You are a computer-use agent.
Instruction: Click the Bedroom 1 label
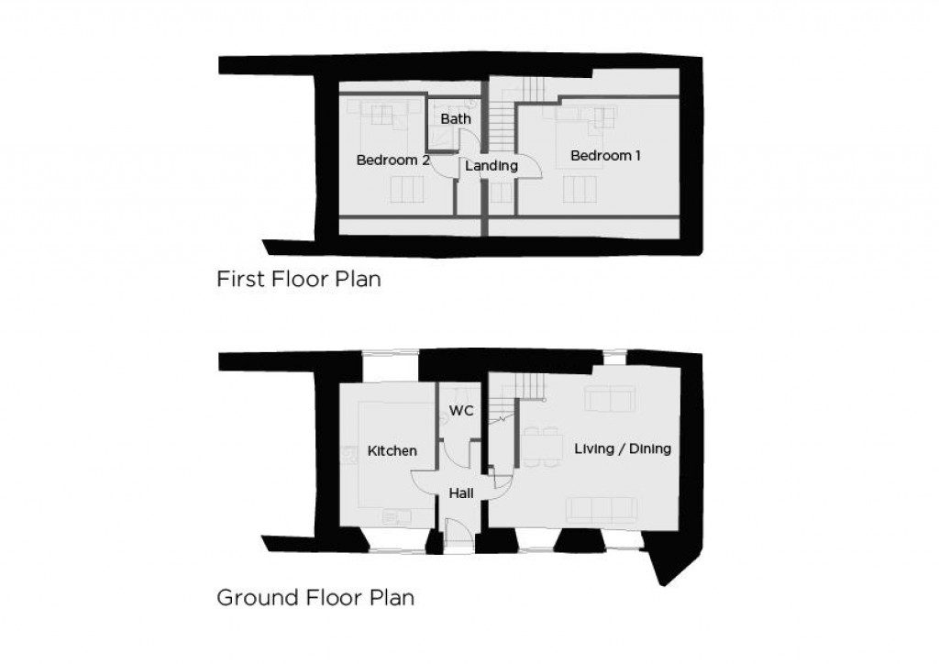605,156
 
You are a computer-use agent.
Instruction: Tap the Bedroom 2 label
392,160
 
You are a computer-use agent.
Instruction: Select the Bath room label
456,118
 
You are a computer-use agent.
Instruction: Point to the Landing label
492,166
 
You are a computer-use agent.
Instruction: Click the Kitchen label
392,451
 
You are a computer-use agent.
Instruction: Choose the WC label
461,411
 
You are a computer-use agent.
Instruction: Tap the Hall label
461,493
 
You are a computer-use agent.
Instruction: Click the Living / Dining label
623,448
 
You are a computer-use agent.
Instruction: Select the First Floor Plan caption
299,279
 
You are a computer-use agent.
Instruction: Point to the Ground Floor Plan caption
315,598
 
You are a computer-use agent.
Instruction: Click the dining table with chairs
542,446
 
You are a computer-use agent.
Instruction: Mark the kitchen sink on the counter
396,516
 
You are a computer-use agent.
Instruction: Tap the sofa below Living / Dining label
602,509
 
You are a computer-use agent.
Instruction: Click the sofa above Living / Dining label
610,398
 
